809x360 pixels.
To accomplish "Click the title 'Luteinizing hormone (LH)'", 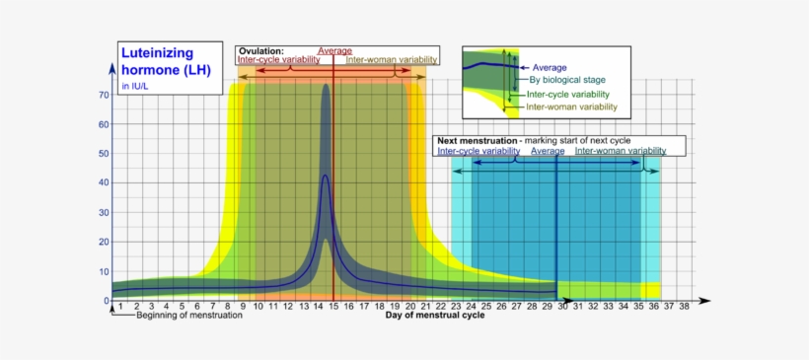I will [x=157, y=61].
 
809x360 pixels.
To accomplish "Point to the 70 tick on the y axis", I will [x=103, y=96].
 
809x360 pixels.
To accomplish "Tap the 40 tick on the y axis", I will [x=103, y=183].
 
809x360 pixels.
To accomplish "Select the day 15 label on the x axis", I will [x=333, y=307].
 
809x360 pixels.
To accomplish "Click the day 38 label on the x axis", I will [x=683, y=307].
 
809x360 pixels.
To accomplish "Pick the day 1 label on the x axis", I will [x=120, y=307].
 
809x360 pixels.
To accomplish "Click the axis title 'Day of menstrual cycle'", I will [x=435, y=317].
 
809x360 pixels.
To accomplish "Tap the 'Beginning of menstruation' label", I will [x=188, y=317].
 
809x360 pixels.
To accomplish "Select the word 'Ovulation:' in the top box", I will [x=261, y=50].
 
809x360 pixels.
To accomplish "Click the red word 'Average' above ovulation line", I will [x=334, y=50].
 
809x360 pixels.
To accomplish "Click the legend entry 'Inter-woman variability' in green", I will [x=571, y=107].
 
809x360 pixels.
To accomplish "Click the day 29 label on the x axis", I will [x=547, y=307].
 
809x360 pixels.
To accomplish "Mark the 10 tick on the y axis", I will [x=103, y=271].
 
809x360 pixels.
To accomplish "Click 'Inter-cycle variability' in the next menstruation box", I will [x=478, y=151].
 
